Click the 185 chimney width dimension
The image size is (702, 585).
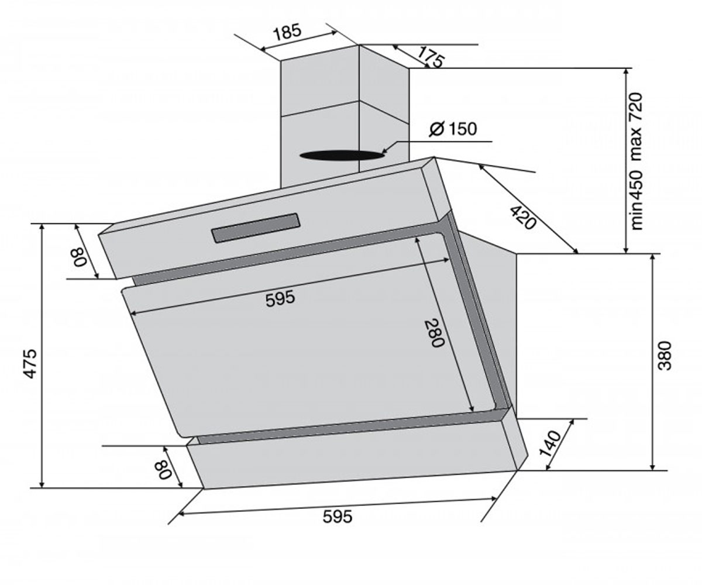[287, 33]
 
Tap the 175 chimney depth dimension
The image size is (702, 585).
[431, 57]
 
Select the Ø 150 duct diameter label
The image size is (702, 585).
[453, 129]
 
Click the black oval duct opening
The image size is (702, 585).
[342, 156]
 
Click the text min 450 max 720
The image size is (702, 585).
[636, 161]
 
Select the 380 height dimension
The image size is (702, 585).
[665, 356]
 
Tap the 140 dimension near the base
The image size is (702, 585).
[550, 443]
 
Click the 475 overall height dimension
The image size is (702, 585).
[30, 364]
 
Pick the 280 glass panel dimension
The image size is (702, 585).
[435, 332]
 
